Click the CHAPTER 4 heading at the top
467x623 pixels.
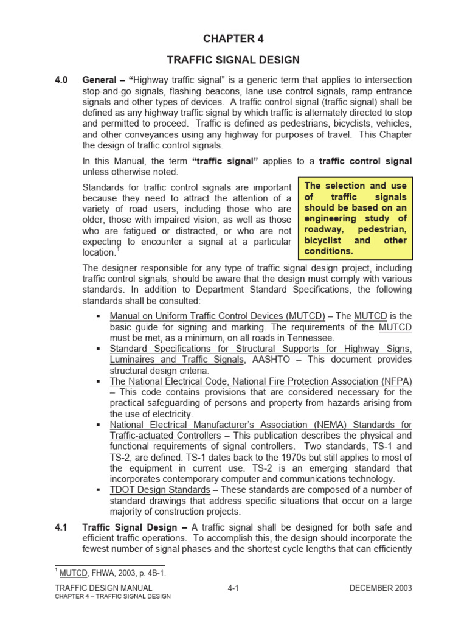[233, 38]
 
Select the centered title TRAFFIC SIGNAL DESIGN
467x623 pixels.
[233, 60]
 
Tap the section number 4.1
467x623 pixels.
[63, 527]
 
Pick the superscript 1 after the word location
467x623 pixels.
[118, 249]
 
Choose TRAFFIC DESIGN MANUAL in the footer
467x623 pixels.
[103, 588]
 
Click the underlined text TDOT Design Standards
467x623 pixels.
[160, 490]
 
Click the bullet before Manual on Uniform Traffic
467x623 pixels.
[99, 316]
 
